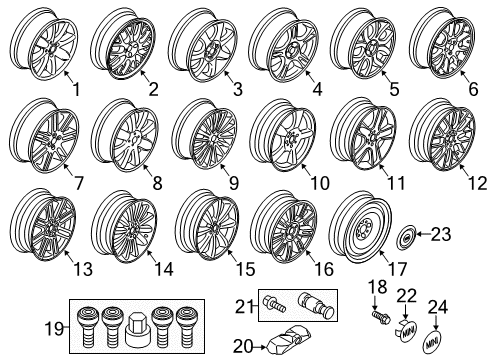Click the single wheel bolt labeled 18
(380, 313)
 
